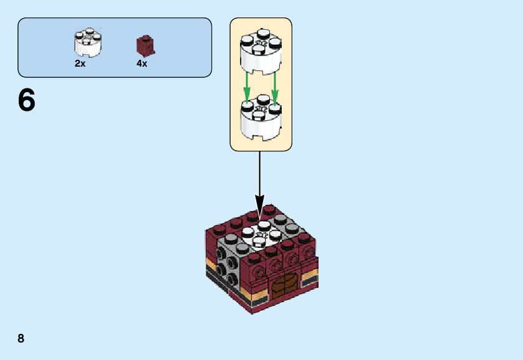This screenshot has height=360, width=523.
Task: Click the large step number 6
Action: point(27,100)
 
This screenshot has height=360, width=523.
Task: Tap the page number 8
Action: point(21,338)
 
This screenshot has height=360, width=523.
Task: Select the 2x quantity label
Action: point(80,64)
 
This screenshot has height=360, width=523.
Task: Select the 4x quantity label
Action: point(142,64)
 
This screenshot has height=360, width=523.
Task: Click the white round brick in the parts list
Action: point(88,43)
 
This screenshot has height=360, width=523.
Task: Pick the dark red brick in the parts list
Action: point(145,45)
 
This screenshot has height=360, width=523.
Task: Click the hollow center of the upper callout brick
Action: point(261,44)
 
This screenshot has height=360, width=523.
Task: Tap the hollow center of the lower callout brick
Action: point(261,108)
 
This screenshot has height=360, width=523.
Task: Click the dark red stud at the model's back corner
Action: point(269,209)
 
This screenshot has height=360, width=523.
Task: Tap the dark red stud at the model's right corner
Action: point(304,238)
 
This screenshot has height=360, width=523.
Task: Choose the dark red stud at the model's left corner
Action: point(218,229)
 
